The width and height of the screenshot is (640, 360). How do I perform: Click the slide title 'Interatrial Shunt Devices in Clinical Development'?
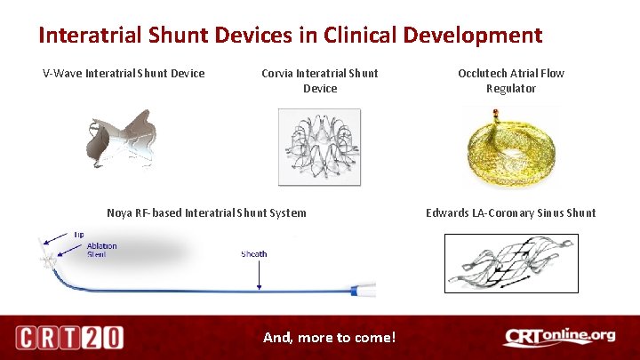290,36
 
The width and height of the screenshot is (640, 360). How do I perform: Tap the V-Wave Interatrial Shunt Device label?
124,73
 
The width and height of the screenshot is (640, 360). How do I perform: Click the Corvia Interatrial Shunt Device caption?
319,81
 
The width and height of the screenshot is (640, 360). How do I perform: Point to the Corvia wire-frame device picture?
319,147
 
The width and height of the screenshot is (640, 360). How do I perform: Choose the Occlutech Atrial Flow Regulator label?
510,81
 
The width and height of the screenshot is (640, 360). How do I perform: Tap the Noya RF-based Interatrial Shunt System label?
206,212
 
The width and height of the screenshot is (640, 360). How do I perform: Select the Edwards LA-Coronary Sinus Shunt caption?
510,212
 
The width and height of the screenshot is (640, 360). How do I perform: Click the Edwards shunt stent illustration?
510,262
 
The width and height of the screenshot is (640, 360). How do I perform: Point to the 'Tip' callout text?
79,234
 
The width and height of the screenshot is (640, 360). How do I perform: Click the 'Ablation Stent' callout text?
101,251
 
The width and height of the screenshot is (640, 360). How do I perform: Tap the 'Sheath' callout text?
254,254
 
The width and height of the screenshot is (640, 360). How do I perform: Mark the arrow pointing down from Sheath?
259,275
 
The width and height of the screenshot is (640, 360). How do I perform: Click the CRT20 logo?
69,338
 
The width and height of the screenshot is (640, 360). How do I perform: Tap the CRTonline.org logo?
559,337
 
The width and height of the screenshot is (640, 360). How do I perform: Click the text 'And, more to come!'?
329,338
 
